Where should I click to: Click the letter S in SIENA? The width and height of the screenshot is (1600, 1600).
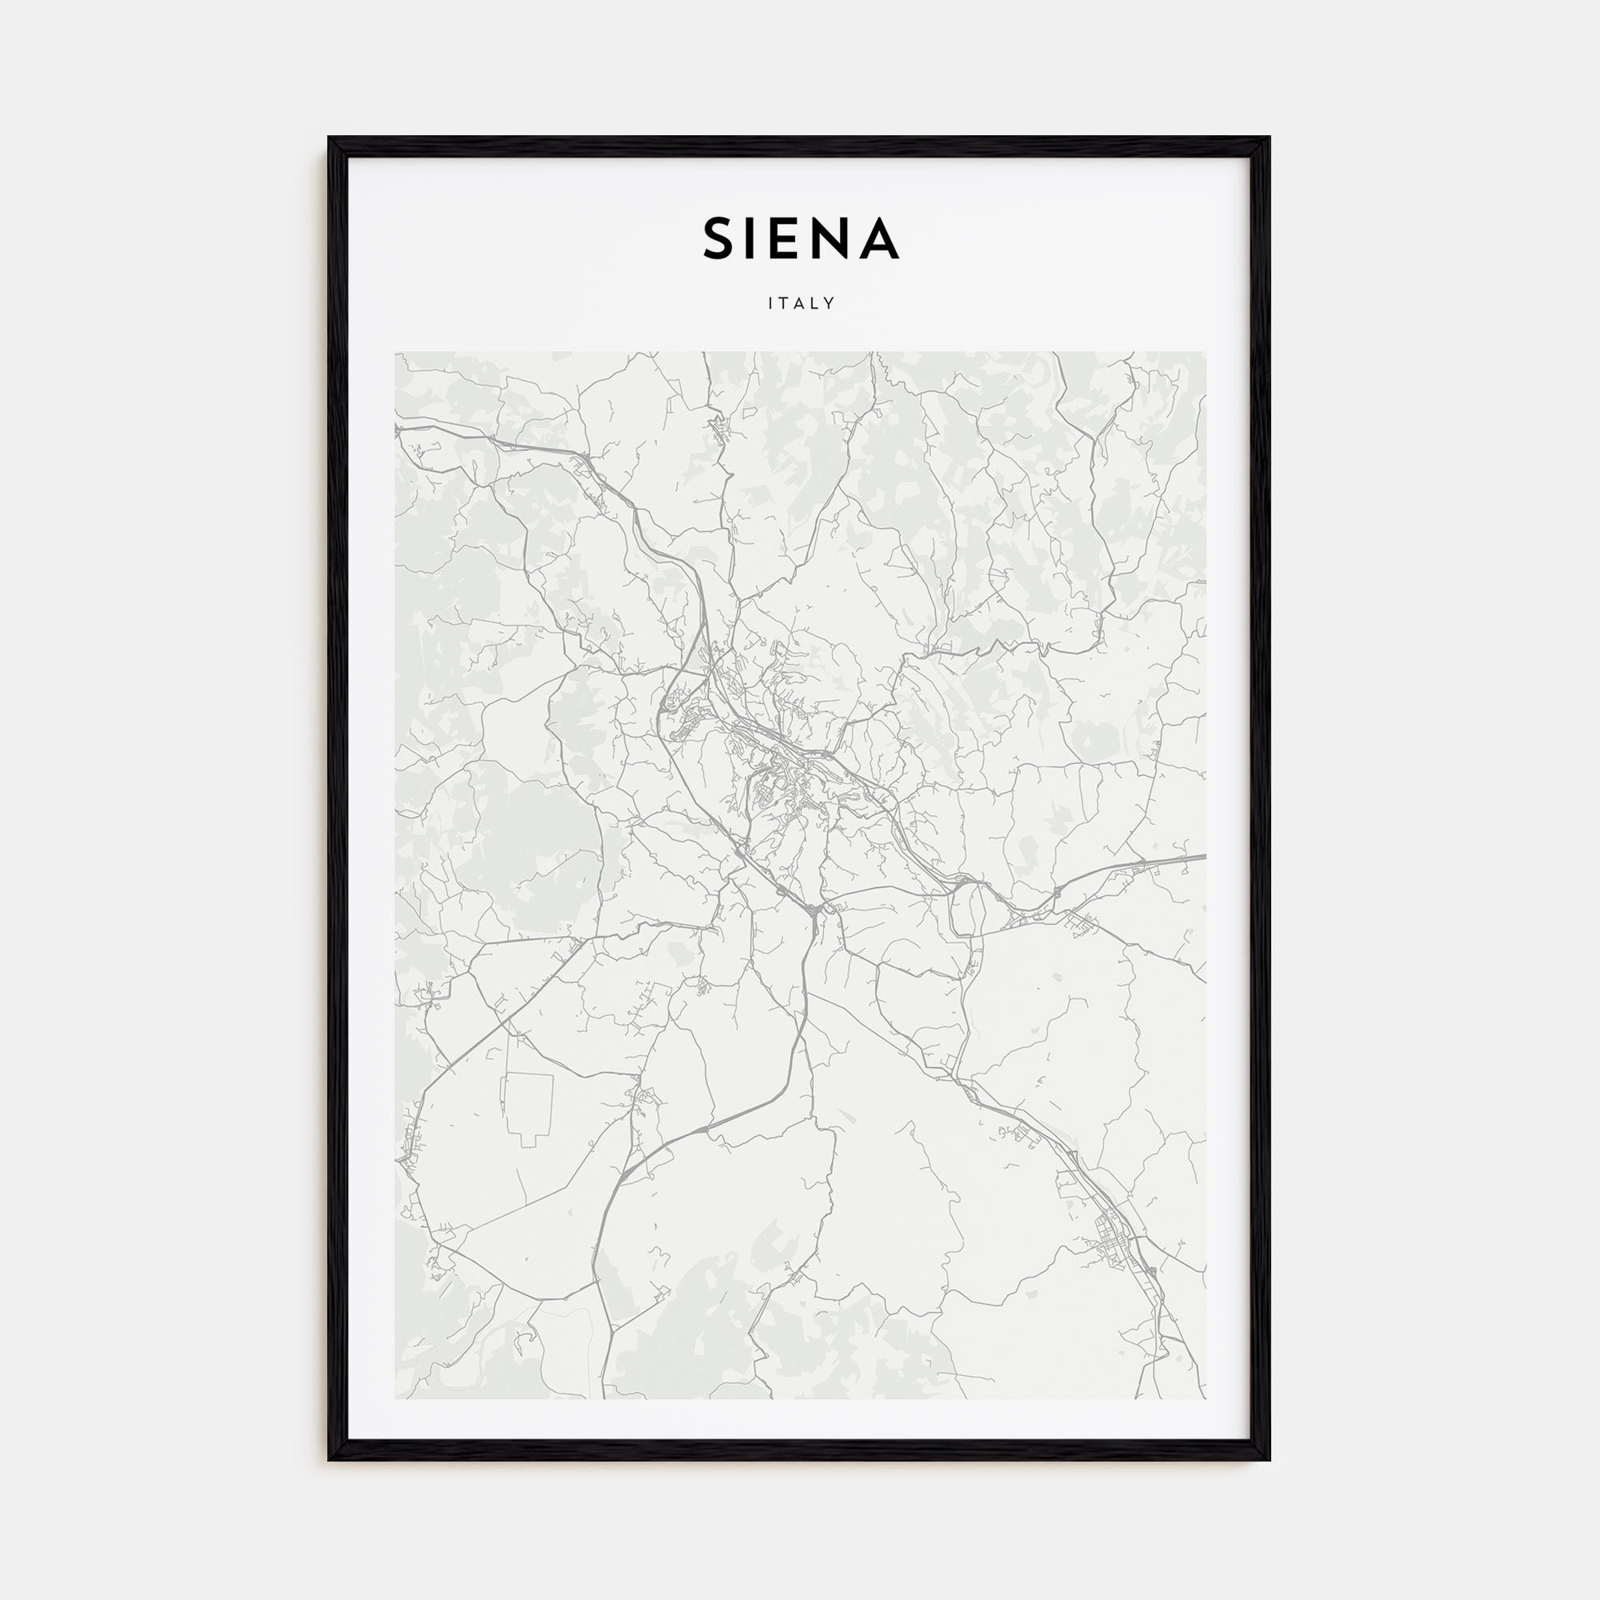[720, 238]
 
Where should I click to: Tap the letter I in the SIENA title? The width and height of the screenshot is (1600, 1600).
[756, 238]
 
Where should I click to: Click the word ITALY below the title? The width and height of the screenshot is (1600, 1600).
[801, 304]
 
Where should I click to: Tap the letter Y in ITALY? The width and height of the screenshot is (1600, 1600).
[830, 304]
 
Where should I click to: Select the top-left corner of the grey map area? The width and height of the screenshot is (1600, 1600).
[395, 352]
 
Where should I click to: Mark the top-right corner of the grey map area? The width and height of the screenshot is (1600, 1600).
[1206, 352]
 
